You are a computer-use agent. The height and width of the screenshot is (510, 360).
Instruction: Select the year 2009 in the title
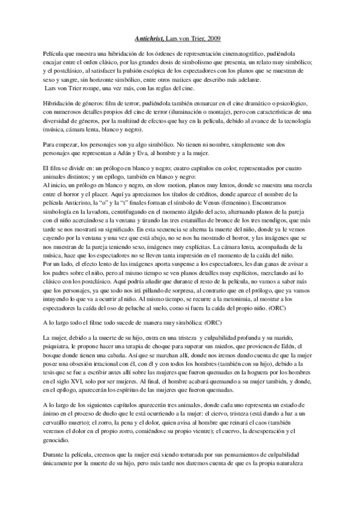212,39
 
